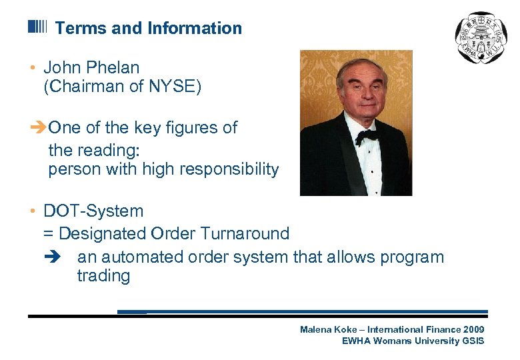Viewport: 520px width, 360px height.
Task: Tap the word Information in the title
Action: coord(195,28)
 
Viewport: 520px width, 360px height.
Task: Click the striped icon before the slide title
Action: coord(37,27)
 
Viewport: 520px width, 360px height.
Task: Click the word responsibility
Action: coord(230,169)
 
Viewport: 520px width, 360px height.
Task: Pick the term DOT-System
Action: coord(93,211)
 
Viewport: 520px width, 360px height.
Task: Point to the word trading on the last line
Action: coord(103,276)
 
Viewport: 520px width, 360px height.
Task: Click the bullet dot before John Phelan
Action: coord(32,68)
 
